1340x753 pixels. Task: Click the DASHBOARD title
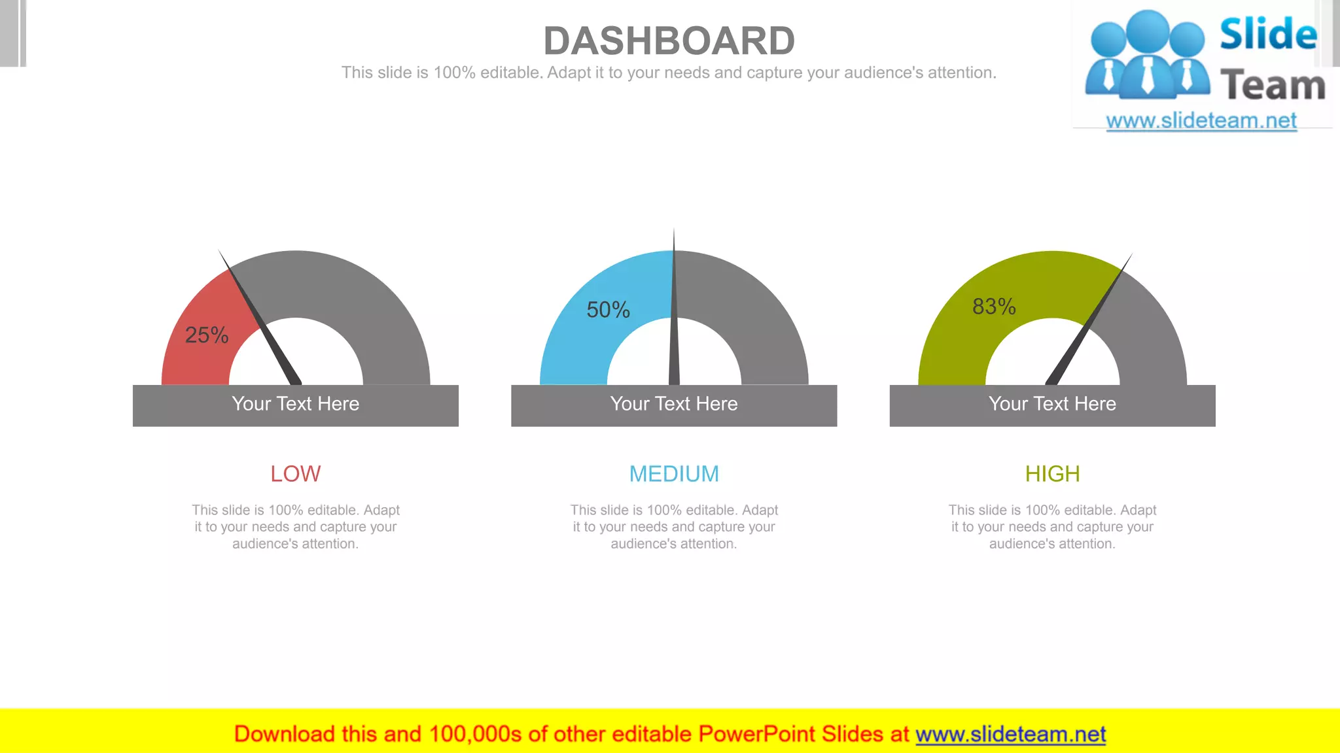(669, 41)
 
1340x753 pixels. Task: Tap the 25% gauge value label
(207, 335)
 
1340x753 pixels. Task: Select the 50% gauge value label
(608, 310)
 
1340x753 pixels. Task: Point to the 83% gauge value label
(994, 307)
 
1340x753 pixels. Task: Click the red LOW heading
(296, 474)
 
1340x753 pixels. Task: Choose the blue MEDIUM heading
(674, 474)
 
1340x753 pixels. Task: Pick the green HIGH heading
(1052, 474)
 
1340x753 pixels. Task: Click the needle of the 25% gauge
(265, 327)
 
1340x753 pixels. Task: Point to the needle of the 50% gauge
(674, 327)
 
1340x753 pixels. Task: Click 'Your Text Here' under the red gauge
(296, 404)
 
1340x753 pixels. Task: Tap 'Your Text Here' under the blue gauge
(674, 404)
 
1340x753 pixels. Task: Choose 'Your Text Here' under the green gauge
(1052, 404)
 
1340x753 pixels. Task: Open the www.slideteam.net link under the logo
(1201, 121)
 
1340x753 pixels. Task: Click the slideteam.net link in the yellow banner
(1010, 735)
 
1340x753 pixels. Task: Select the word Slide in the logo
(1268, 34)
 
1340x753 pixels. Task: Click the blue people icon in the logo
(1147, 56)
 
